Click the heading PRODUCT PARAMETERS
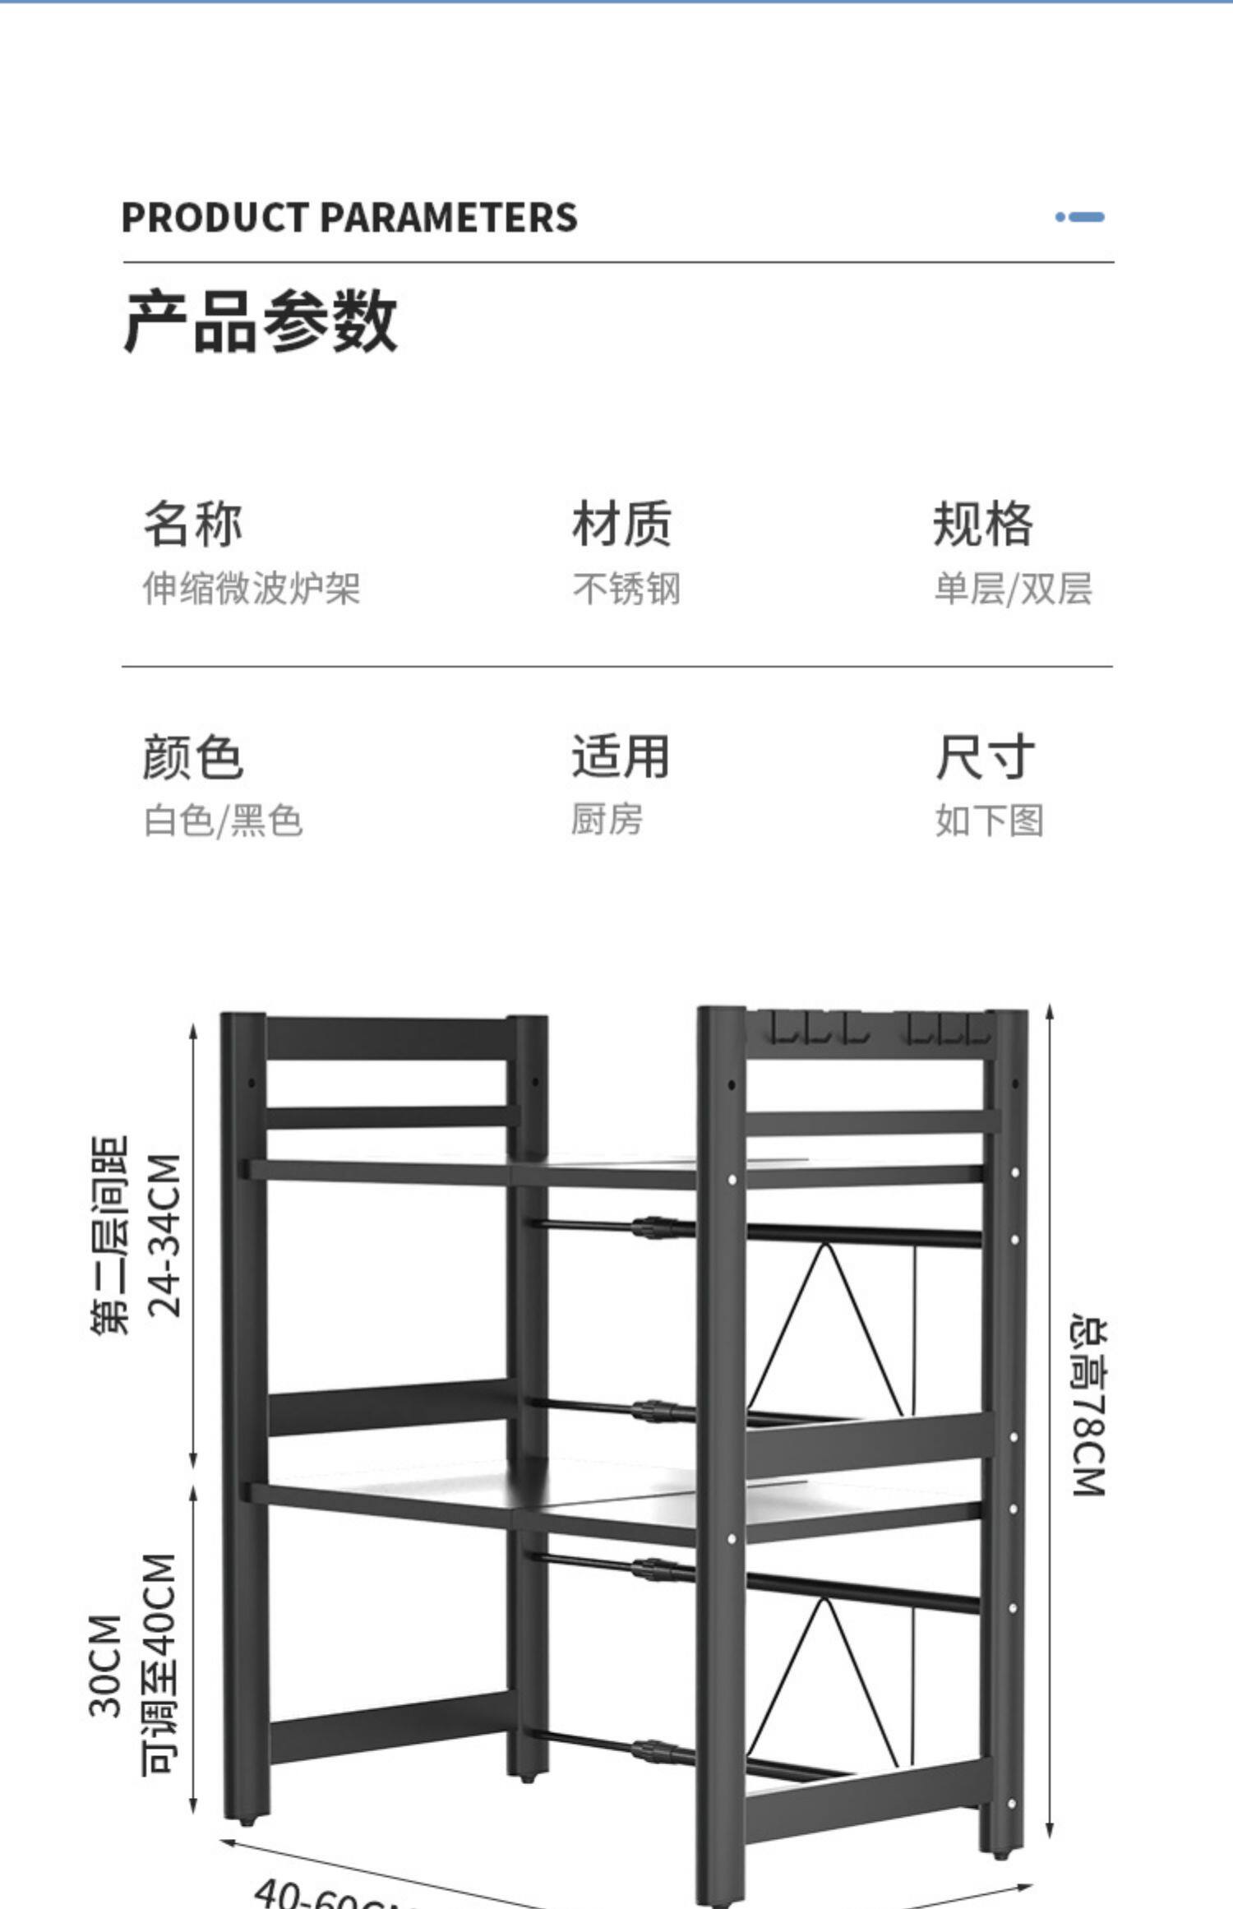coord(349,218)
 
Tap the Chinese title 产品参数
coord(260,321)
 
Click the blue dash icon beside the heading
coord(1079,217)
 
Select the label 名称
coord(193,523)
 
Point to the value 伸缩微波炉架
coord(252,589)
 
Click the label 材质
coord(621,523)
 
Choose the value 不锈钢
coord(626,589)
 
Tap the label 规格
coord(983,523)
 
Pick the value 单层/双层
coord(1013,589)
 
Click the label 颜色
coord(193,756)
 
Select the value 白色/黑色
coord(224,820)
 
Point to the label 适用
coord(621,756)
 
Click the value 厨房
coord(607,820)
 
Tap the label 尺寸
coord(985,756)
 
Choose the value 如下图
coord(990,820)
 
